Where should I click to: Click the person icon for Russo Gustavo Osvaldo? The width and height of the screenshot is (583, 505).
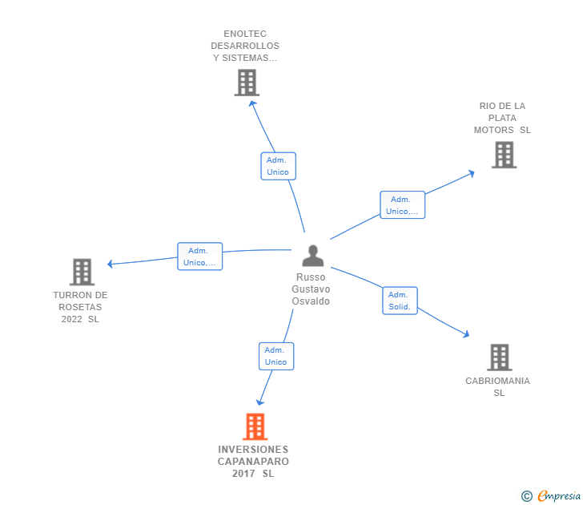(x=312, y=256)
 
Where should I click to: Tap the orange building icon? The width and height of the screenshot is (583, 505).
(x=255, y=426)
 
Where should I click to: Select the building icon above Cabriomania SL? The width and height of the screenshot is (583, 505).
(x=499, y=358)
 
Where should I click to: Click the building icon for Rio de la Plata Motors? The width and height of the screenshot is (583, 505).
(x=504, y=155)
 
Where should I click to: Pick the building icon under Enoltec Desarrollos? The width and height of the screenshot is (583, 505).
(x=247, y=83)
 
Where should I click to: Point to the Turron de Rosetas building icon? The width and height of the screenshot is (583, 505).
(x=82, y=273)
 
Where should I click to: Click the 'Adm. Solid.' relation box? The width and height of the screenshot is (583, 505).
(x=400, y=301)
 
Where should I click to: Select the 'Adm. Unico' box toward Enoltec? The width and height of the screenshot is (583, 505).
(x=278, y=166)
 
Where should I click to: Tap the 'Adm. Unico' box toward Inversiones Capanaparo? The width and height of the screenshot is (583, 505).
(x=275, y=356)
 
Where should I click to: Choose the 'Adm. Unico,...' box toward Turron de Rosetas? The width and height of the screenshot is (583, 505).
(x=199, y=257)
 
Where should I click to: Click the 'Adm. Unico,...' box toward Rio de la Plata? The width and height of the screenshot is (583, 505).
(x=402, y=205)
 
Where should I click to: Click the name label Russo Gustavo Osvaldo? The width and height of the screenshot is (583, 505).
(x=311, y=289)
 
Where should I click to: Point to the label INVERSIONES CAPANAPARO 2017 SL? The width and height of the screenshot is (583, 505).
(x=253, y=462)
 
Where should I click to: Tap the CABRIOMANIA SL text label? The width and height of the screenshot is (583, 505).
(x=498, y=387)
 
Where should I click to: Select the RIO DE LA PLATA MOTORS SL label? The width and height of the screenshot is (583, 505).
(x=502, y=118)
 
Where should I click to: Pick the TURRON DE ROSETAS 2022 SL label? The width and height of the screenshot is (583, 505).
(x=80, y=307)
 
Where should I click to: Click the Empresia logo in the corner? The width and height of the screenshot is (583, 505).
(x=551, y=496)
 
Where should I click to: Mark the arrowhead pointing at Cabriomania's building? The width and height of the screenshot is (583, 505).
(x=466, y=334)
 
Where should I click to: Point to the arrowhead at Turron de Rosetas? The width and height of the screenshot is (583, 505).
(x=111, y=264)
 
